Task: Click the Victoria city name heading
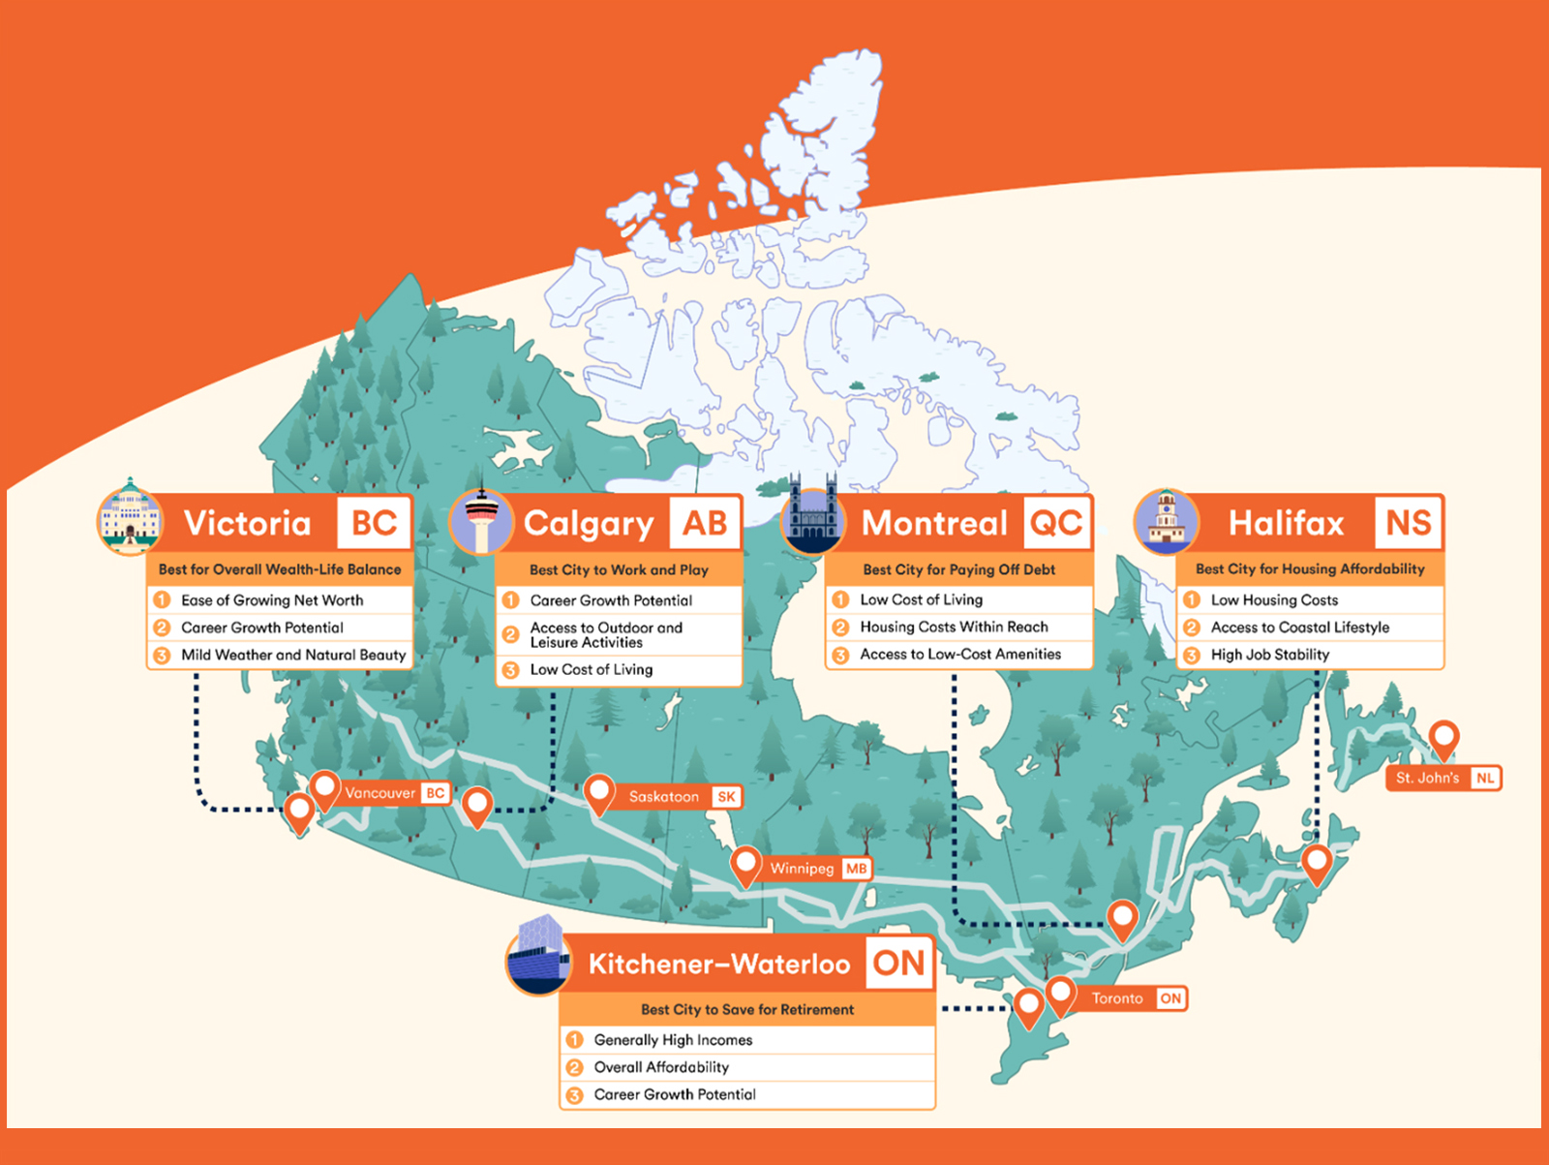[x=248, y=524]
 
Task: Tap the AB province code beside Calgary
[x=705, y=524]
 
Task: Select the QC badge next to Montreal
[x=1056, y=524]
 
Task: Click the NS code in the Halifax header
[x=1408, y=524]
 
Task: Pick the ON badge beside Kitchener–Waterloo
[x=898, y=964]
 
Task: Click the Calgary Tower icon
[x=481, y=522]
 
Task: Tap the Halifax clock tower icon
[x=1166, y=521]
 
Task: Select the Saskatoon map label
[x=664, y=797]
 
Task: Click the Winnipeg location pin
[x=745, y=863]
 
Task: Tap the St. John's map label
[x=1427, y=779]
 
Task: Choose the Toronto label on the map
[x=1117, y=998]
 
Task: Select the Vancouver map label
[x=380, y=793]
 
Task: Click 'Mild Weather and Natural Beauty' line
[x=292, y=656]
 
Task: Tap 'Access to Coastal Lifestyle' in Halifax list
[x=1299, y=628]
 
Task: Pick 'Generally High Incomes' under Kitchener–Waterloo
[x=673, y=1040]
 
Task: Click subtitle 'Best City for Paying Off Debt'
[x=958, y=569]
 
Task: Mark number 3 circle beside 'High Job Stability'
[x=1192, y=656]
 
